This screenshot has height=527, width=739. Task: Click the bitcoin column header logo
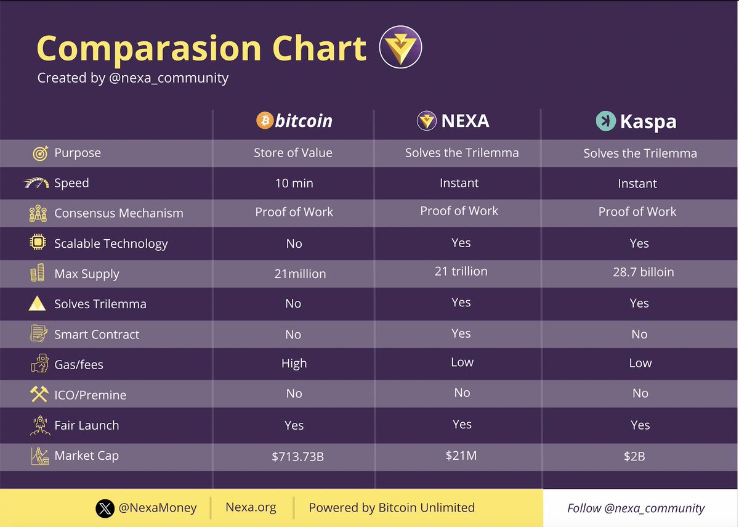[294, 120]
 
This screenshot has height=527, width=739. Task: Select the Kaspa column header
[636, 121]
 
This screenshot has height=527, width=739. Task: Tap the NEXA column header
[453, 121]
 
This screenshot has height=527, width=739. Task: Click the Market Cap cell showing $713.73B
[294, 456]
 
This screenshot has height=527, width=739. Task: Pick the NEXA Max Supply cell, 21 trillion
[461, 271]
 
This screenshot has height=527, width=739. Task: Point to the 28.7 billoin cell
[643, 272]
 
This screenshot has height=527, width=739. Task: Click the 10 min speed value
[294, 183]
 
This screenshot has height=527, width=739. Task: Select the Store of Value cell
[293, 153]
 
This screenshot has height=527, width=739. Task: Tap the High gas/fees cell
[294, 364]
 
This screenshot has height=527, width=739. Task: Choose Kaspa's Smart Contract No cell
[639, 334]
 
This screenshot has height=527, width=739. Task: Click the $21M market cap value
[462, 456]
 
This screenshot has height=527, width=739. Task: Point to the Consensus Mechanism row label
[119, 213]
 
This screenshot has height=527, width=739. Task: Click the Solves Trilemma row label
[100, 304]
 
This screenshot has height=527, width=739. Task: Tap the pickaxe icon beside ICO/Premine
[39, 394]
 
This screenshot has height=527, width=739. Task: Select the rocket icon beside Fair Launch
[39, 425]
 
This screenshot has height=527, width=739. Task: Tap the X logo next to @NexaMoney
[105, 509]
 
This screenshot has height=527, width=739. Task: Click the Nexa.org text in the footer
[251, 508]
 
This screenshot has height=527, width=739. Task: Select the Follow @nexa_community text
[636, 509]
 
